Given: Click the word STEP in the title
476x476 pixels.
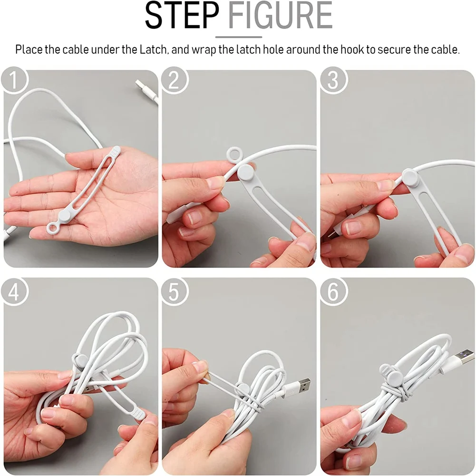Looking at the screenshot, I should (x=183, y=16).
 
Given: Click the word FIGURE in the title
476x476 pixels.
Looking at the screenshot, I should (x=280, y=16).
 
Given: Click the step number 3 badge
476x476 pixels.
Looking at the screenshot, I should (x=332, y=80).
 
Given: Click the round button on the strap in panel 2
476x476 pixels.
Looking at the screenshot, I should (x=246, y=173).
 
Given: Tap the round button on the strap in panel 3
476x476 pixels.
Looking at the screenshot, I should (x=410, y=176).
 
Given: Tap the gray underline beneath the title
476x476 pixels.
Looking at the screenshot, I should (x=238, y=37).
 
